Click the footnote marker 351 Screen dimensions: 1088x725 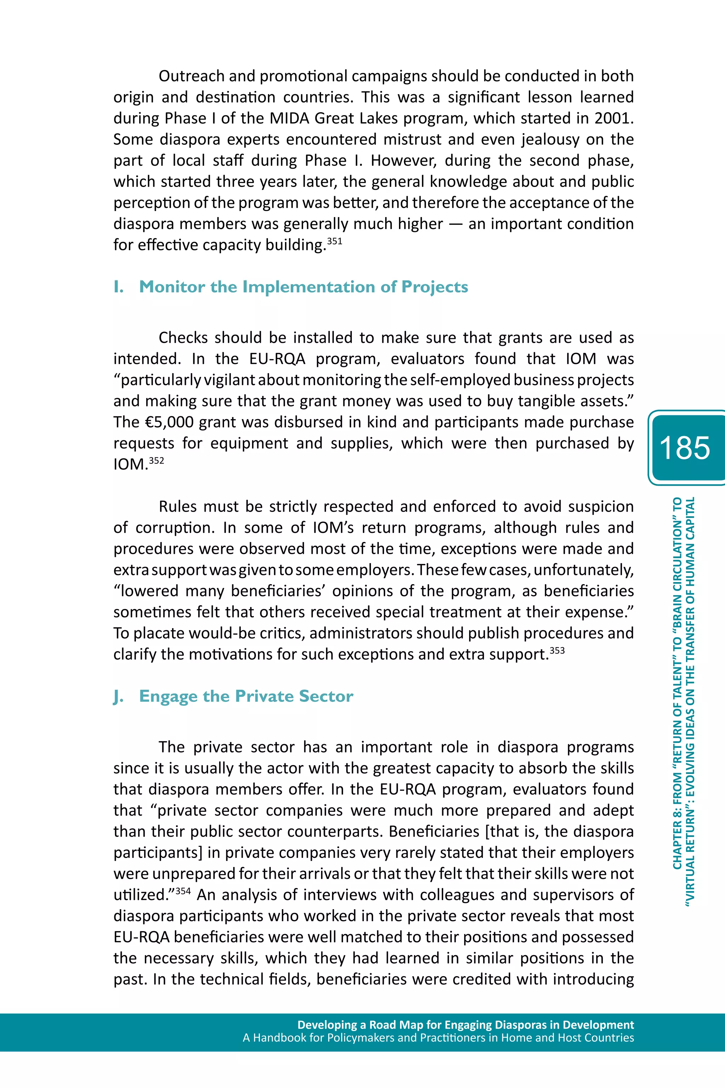coord(334,241)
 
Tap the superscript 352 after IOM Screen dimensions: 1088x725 coord(156,461)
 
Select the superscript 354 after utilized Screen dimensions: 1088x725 coord(183,890)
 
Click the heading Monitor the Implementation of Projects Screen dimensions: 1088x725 coord(303,287)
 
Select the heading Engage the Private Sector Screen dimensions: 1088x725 coord(246,696)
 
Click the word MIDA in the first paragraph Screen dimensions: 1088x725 coord(289,118)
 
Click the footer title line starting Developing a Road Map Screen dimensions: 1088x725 coord(465,1025)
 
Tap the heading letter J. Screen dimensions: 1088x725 coord(118,696)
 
